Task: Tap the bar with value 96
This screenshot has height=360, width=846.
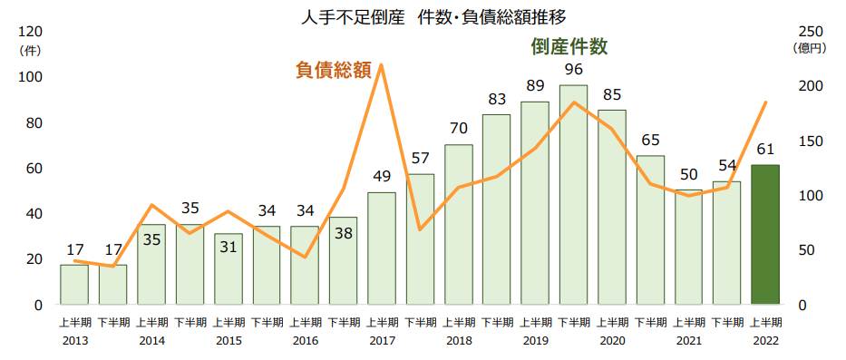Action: (573, 194)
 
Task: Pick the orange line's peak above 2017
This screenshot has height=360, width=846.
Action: (382, 65)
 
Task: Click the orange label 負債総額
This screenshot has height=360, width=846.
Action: (333, 70)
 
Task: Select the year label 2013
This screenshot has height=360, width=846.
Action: (74, 341)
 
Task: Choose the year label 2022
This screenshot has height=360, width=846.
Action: (765, 341)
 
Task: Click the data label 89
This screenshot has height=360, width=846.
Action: (535, 86)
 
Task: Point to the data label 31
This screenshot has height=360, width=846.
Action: (229, 248)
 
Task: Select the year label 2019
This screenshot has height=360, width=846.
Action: (535, 341)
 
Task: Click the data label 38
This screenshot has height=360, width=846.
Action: (344, 232)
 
